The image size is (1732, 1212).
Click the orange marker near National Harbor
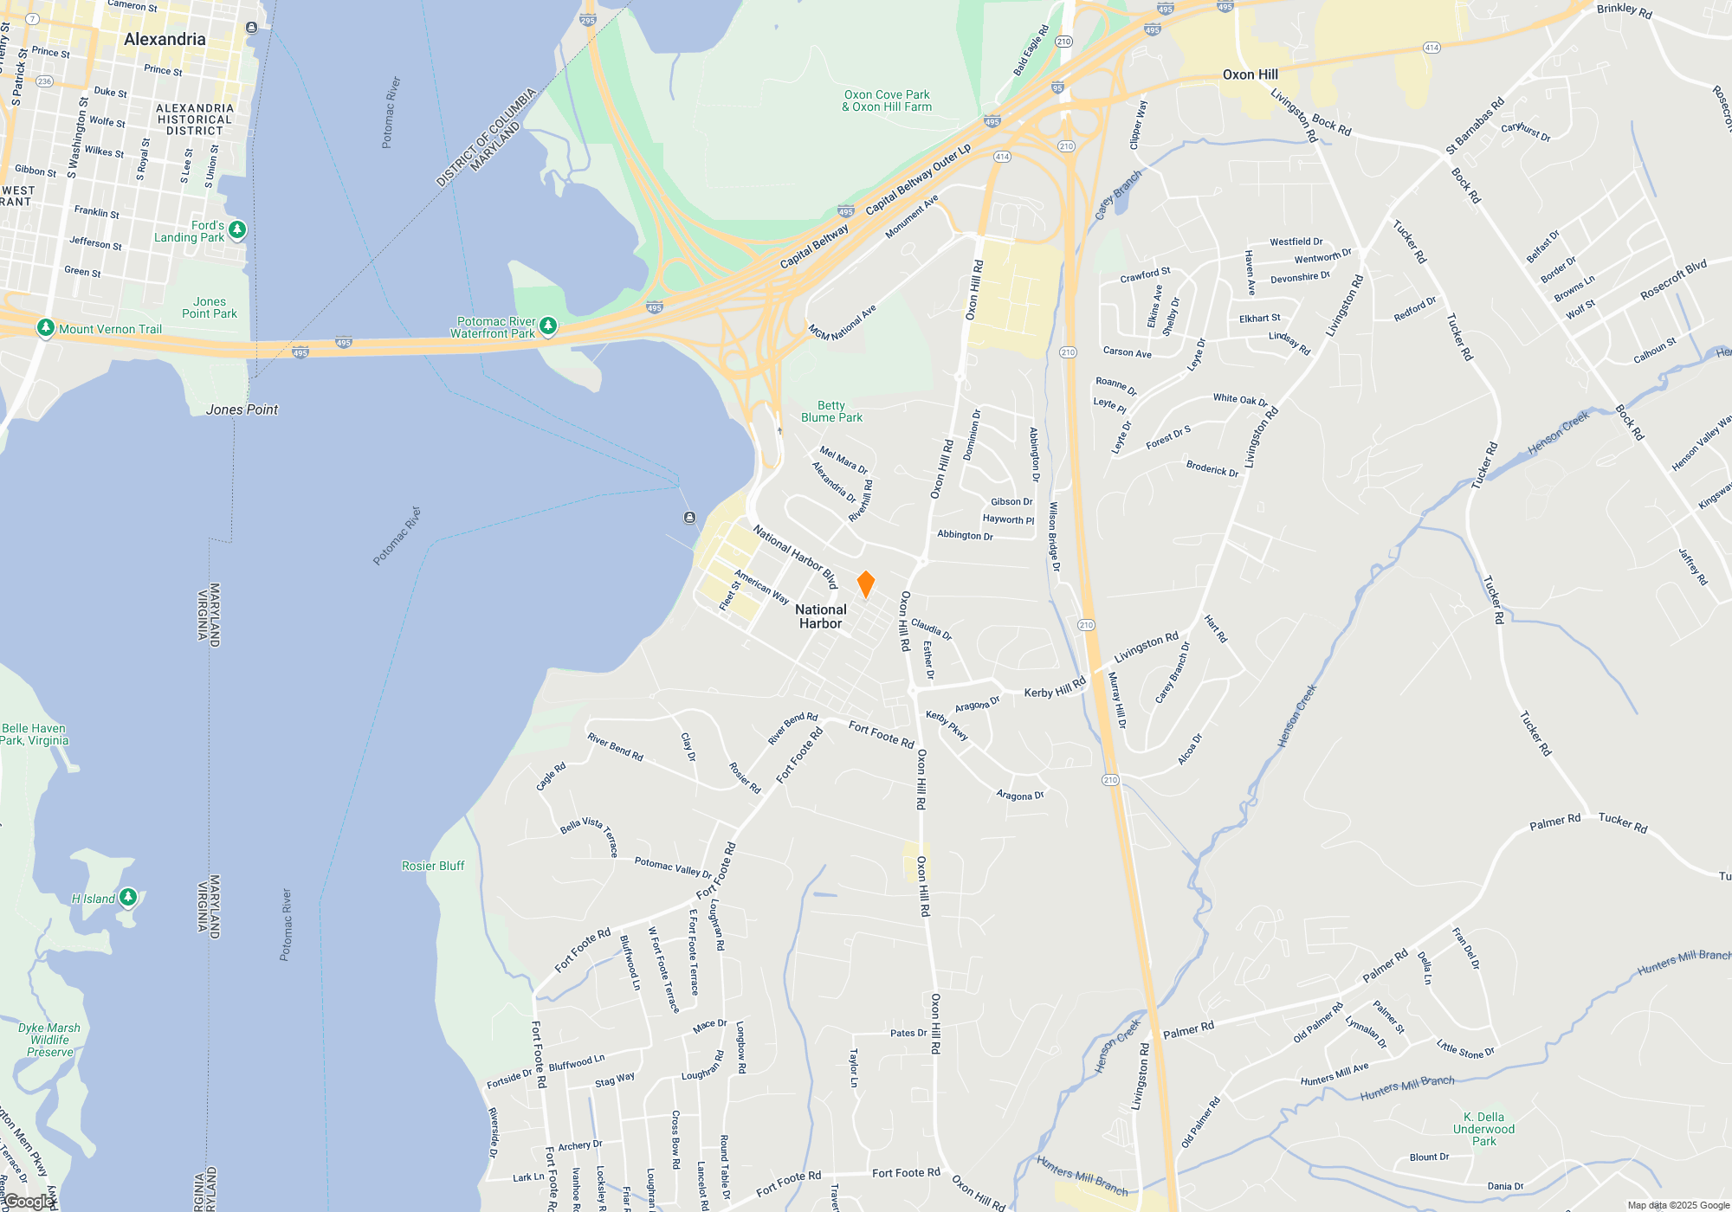click(865, 584)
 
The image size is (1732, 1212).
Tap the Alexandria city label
click(165, 39)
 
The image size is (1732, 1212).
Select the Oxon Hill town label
click(1250, 74)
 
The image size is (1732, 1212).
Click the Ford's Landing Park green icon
click(237, 230)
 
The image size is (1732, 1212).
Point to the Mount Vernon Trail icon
click(46, 328)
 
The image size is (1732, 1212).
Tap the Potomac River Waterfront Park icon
click(547, 326)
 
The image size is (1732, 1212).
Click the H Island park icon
click(128, 897)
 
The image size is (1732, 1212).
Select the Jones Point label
click(242, 409)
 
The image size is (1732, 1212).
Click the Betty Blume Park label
click(831, 411)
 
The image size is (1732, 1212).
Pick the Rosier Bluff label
click(433, 866)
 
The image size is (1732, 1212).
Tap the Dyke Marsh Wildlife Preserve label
click(49, 1040)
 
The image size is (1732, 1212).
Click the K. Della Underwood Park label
click(1483, 1129)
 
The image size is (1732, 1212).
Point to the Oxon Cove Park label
click(887, 100)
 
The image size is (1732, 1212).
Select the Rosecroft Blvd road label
click(1673, 280)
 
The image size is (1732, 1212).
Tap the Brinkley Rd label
click(1625, 10)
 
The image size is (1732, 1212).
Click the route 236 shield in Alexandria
click(45, 81)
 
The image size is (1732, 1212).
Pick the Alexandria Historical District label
click(195, 119)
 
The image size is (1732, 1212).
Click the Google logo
click(29, 1202)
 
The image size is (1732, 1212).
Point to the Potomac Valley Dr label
click(673, 867)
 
